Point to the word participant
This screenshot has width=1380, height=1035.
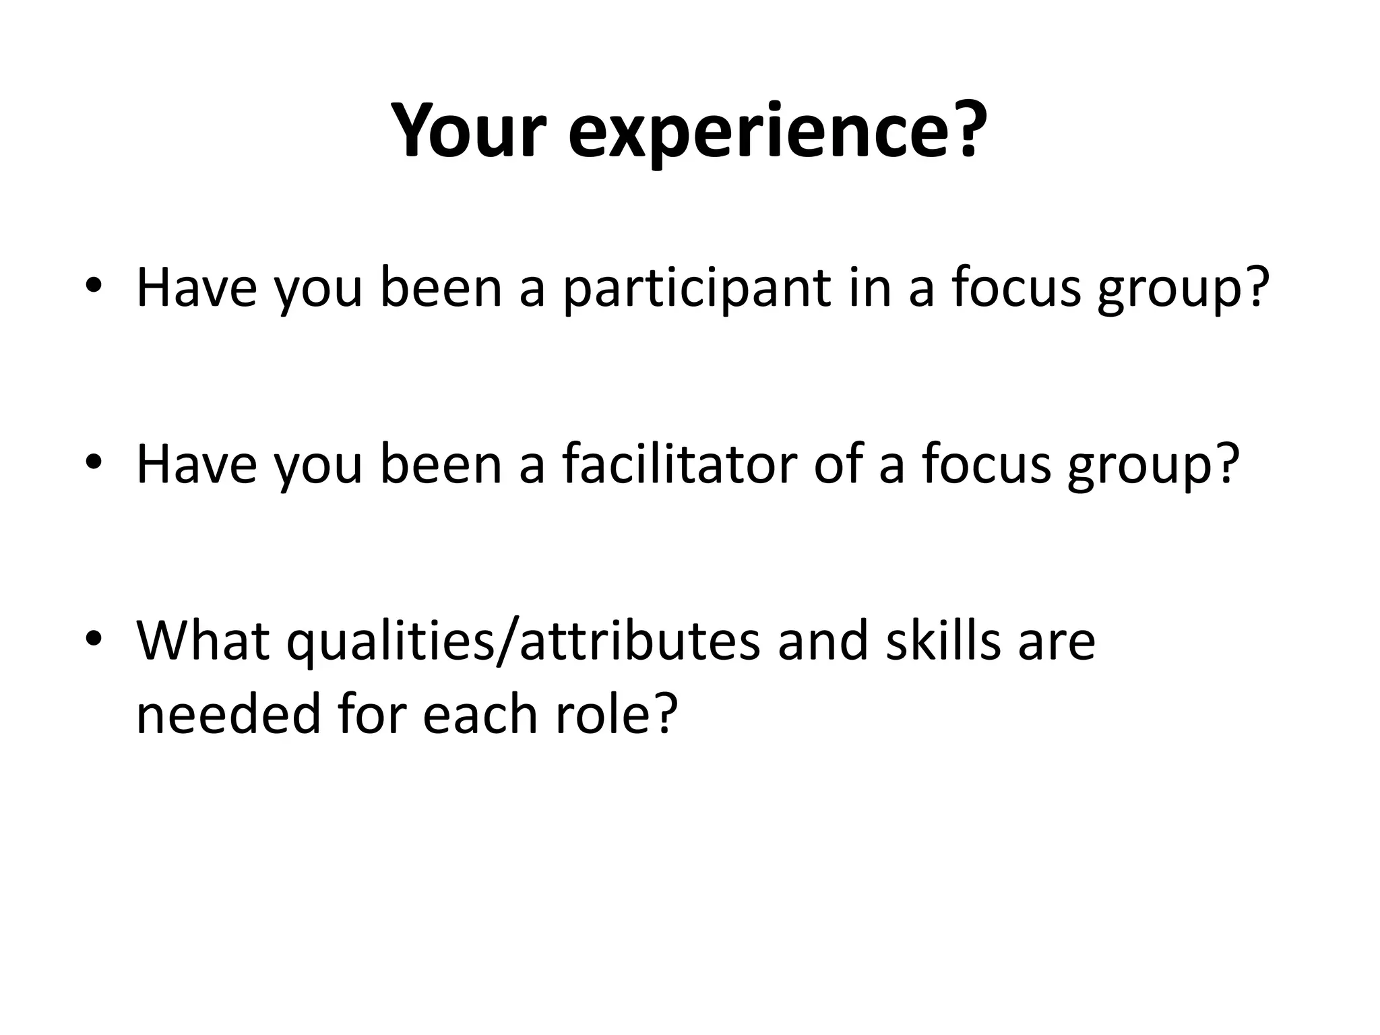click(697, 290)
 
